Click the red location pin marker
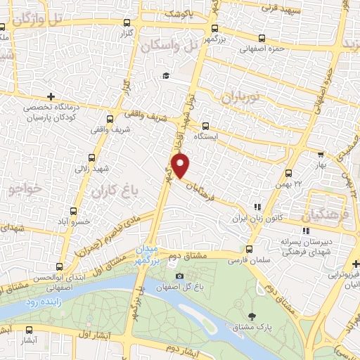[x=181, y=166]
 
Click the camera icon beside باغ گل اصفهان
[x=180, y=276]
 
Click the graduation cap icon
[x=166, y=76]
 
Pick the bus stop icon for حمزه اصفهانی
[x=262, y=39]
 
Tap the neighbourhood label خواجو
[x=27, y=190]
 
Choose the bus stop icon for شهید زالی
[x=93, y=158]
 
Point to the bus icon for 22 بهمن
[x=288, y=173]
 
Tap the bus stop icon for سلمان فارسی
[x=250, y=249]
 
